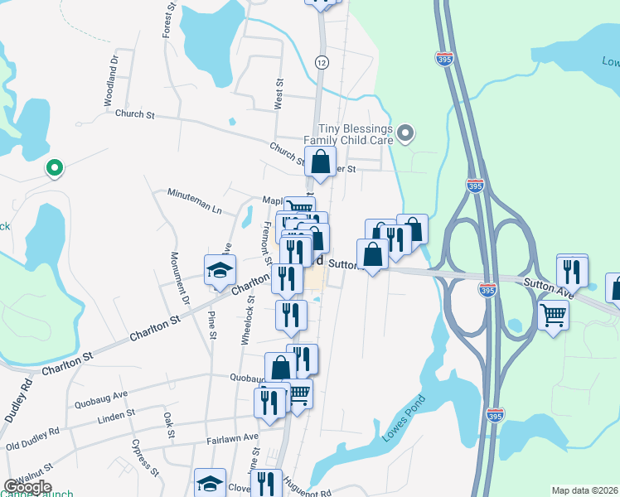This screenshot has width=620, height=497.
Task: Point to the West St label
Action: [279, 94]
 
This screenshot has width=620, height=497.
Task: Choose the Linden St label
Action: [116, 413]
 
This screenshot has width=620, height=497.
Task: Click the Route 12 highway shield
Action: [321, 62]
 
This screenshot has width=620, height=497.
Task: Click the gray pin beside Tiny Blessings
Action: [405, 133]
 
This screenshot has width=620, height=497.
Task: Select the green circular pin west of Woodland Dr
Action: [55, 169]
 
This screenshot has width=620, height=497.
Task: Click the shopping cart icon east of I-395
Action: [553, 314]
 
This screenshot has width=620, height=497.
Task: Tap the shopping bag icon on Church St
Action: [321, 162]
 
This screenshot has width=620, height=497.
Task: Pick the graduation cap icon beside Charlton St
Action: [220, 271]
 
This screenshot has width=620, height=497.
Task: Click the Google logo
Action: [28, 486]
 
